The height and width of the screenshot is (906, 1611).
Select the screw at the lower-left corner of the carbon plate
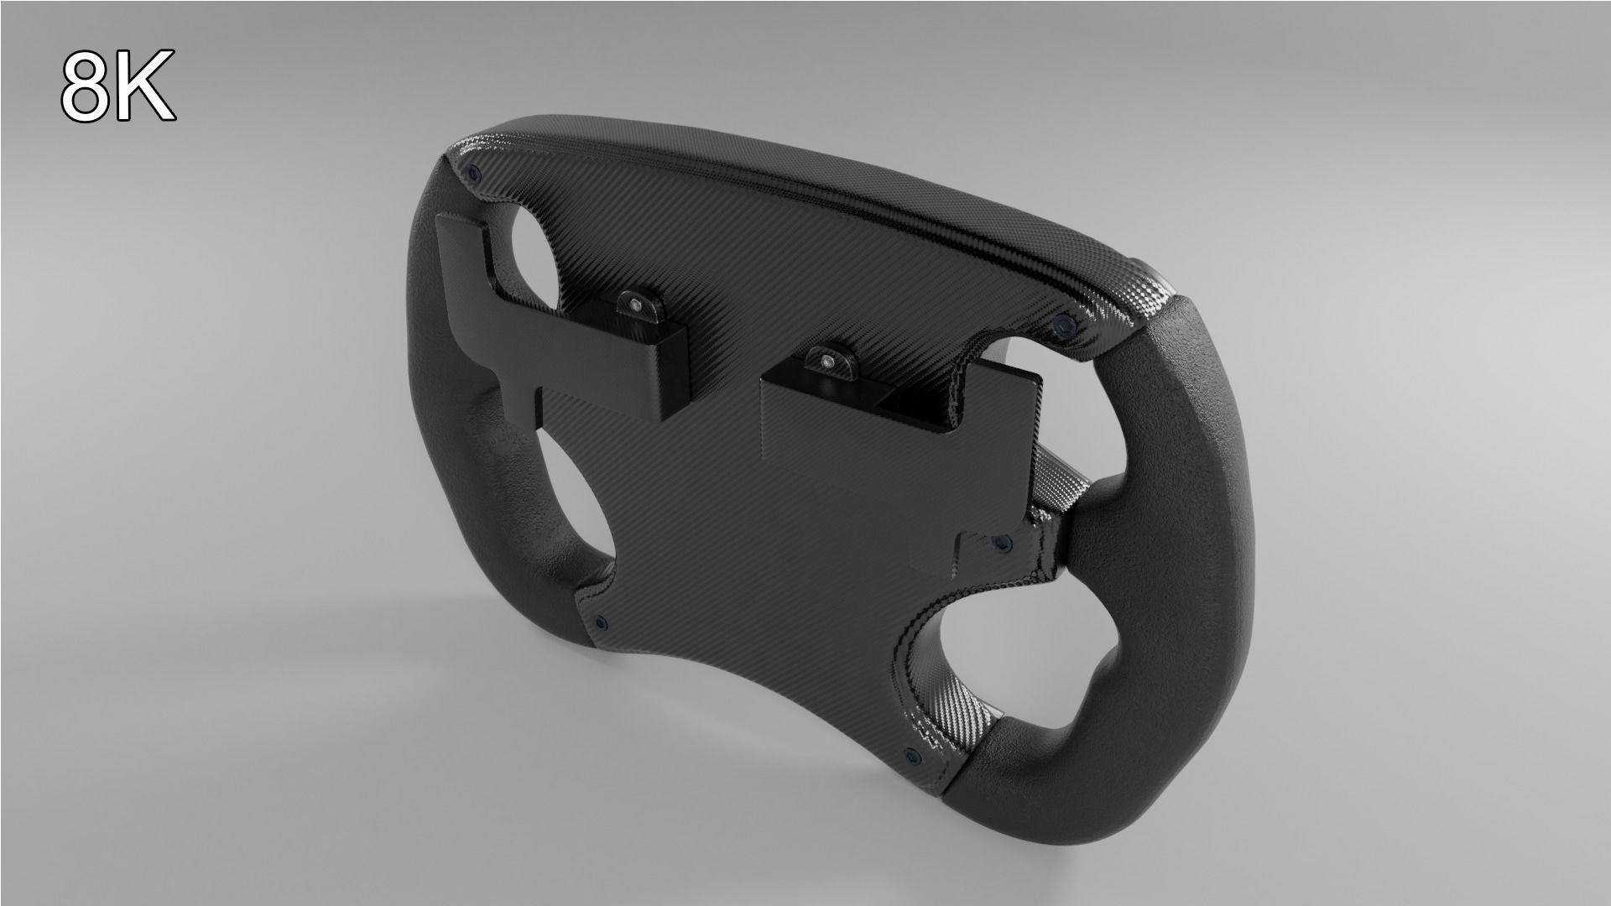(x=599, y=622)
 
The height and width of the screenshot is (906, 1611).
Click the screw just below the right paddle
(x=1000, y=544)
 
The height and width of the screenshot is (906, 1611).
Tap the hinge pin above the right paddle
(x=829, y=362)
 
